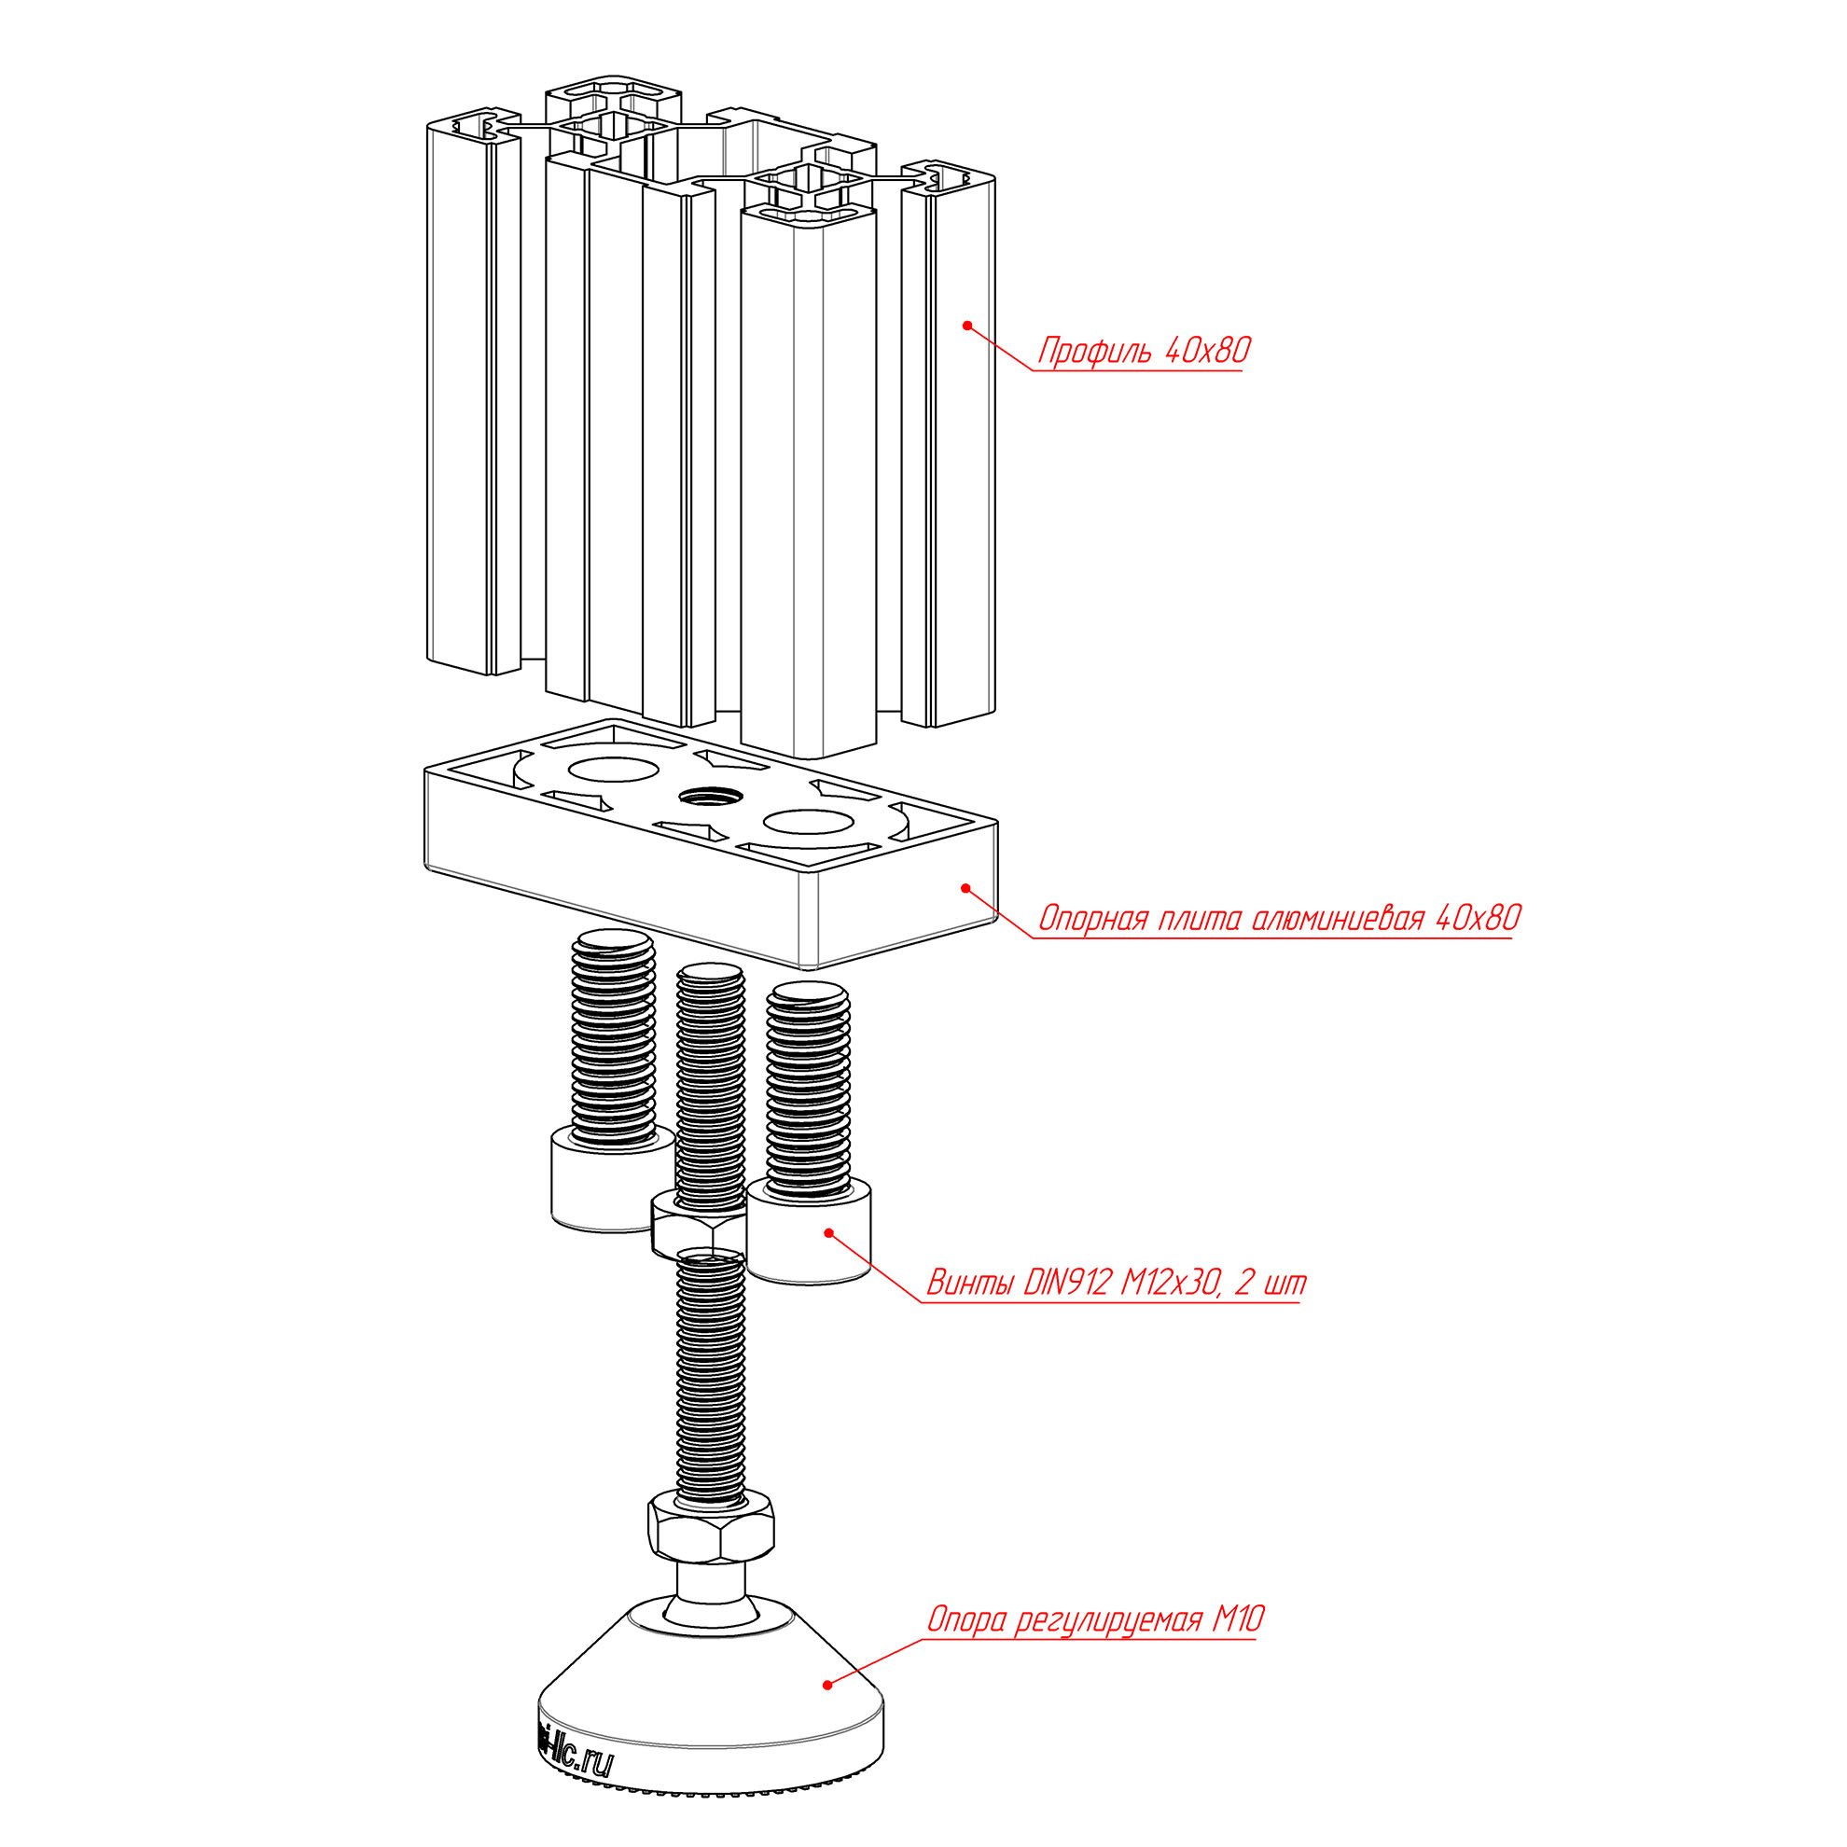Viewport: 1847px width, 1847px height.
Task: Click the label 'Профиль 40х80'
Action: (1144, 351)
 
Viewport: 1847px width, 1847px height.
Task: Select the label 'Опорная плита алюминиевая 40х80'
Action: (1279, 919)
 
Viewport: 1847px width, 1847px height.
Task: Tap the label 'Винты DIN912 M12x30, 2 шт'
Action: (1116, 1283)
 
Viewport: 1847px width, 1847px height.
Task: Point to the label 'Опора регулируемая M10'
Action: (1095, 1619)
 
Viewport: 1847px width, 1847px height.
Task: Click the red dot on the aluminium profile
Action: (966, 325)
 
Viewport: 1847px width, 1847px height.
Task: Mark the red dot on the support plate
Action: (965, 888)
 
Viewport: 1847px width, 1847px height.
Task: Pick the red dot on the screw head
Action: (828, 1232)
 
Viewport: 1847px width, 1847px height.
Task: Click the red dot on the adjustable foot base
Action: (826, 1684)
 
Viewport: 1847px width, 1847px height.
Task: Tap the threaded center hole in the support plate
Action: (710, 796)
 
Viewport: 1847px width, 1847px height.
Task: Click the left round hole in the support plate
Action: (614, 769)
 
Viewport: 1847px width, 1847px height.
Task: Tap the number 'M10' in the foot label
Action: (1239, 1619)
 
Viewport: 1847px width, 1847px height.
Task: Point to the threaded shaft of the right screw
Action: (809, 1089)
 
